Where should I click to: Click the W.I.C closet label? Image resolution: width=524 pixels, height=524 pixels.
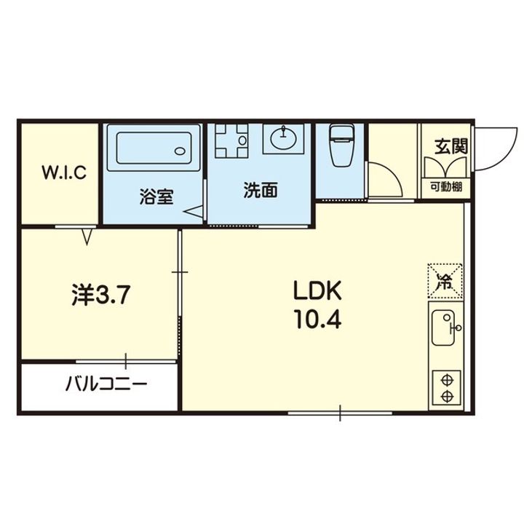click(x=64, y=172)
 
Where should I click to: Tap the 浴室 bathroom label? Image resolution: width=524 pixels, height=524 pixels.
click(x=156, y=196)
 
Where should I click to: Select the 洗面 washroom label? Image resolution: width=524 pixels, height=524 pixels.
click(x=261, y=190)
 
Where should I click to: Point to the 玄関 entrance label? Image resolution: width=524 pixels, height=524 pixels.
click(x=450, y=146)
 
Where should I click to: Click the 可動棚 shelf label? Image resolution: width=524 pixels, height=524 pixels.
click(x=446, y=187)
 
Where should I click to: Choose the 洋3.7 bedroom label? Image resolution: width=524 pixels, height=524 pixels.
click(x=100, y=295)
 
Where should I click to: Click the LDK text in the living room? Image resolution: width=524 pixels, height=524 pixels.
click(x=317, y=290)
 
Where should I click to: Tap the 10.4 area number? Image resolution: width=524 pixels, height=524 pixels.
click(x=317, y=319)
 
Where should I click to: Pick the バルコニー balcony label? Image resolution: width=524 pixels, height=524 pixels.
click(x=106, y=384)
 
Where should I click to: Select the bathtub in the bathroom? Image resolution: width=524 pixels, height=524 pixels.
click(x=154, y=148)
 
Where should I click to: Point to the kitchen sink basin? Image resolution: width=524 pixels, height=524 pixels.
click(x=442, y=327)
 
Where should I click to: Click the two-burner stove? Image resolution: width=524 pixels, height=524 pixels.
click(x=446, y=388)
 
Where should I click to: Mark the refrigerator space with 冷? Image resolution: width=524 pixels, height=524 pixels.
click(x=445, y=281)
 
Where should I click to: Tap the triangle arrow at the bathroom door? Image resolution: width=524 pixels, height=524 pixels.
click(x=193, y=212)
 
